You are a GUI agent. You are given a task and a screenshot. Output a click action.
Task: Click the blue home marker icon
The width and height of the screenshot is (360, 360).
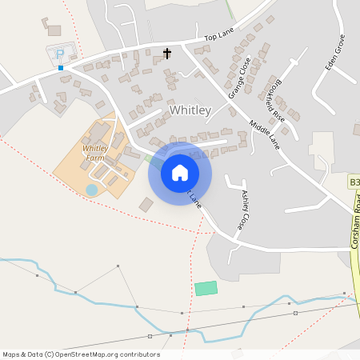pos(179,173)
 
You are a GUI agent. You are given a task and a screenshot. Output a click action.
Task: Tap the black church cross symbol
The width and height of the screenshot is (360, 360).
pos(167,54)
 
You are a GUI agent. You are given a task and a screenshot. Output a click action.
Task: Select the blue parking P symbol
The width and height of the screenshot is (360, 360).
pos(60,55)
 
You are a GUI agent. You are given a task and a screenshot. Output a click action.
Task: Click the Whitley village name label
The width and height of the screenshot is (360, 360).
pos(190,110)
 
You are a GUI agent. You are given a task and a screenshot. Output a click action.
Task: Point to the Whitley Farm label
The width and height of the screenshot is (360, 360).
pos(94,152)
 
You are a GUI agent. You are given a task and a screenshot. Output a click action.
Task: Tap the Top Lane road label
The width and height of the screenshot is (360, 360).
pos(218,37)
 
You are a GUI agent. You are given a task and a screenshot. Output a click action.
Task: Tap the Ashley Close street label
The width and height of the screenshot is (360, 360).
pos(246,205)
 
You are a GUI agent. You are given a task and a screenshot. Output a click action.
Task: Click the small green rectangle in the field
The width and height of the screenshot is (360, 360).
pos(206,287)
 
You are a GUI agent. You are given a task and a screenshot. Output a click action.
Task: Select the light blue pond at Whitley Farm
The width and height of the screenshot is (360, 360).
pos(92,190)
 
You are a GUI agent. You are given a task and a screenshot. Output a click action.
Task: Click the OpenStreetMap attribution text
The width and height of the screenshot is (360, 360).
pos(81,354)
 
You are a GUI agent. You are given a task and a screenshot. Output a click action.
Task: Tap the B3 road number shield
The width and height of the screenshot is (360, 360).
pos(354,183)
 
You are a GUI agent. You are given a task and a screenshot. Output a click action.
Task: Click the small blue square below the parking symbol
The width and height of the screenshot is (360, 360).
pos(60,68)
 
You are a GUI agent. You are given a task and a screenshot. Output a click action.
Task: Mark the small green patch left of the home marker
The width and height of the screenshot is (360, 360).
pos(152,159)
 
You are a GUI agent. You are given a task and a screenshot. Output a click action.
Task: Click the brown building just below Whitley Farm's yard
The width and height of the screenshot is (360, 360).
pos(146,205)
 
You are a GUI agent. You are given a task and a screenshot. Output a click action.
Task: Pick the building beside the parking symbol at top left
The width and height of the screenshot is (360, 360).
pos(54,30)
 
